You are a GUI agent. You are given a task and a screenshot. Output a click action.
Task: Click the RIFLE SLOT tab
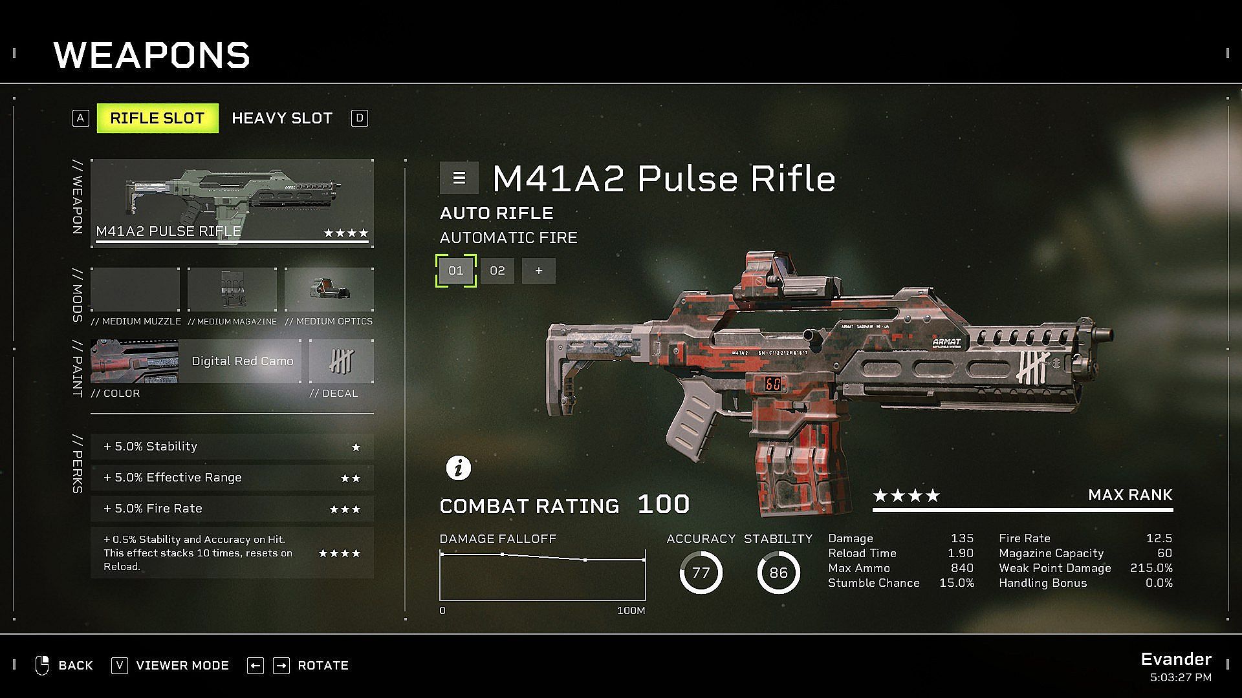157,118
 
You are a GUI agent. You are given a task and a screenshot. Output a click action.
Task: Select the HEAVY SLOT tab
282,118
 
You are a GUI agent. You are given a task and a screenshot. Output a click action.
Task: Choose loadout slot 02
497,271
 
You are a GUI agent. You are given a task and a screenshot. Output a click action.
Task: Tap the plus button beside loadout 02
539,271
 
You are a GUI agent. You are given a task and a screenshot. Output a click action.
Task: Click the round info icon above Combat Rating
459,467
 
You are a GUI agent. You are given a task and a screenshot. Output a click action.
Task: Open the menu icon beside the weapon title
459,178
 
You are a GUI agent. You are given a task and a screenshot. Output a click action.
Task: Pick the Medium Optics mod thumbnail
329,290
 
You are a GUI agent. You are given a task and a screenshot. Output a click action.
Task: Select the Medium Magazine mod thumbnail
232,290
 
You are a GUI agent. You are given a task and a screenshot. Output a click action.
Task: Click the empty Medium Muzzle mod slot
135,290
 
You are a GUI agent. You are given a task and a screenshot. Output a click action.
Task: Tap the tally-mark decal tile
342,361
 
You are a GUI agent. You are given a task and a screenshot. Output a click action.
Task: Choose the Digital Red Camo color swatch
196,361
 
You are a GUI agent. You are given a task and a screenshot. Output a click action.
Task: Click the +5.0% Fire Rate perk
232,509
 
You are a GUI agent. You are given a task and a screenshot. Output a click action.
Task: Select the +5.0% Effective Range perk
232,478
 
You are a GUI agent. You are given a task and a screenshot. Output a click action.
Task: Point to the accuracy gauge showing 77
701,573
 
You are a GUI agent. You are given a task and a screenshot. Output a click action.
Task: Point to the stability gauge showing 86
778,573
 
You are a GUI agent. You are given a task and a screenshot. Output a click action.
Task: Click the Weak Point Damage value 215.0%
1151,568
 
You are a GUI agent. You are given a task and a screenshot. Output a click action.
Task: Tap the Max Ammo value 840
962,568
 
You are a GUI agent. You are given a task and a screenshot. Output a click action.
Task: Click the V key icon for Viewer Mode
120,666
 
